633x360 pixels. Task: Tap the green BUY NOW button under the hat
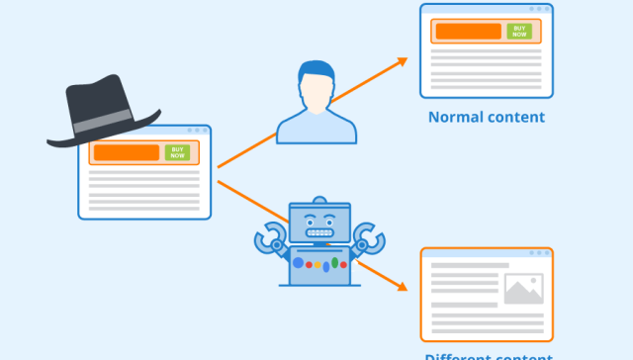click(x=177, y=152)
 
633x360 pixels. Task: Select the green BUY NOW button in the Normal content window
click(x=519, y=31)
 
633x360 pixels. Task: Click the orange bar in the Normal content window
click(x=469, y=31)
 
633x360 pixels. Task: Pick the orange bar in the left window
click(x=125, y=152)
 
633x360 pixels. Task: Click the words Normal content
click(x=487, y=117)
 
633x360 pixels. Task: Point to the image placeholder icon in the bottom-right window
click(x=523, y=288)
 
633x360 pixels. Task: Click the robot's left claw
click(x=269, y=237)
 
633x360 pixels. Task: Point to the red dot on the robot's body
click(x=309, y=265)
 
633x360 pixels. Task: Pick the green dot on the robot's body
click(x=333, y=264)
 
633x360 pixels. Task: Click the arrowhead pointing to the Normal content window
click(x=402, y=61)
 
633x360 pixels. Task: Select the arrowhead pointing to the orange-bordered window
click(x=402, y=288)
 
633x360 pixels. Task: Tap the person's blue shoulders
click(x=316, y=129)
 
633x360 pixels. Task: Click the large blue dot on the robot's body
click(x=296, y=263)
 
